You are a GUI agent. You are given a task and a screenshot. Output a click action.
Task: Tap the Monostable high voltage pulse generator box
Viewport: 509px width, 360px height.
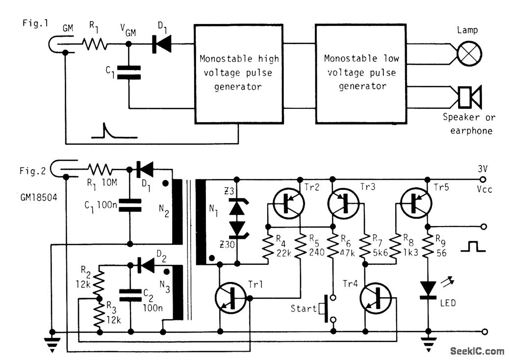[239, 73]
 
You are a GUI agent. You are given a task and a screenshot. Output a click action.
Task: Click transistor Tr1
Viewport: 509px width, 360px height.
[231, 298]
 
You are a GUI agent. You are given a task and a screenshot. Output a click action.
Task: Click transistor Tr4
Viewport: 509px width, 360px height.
[375, 298]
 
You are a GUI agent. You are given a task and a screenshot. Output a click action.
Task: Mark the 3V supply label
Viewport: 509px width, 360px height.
[483, 169]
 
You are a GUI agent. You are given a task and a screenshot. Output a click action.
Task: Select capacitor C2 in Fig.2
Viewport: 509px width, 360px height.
[130, 294]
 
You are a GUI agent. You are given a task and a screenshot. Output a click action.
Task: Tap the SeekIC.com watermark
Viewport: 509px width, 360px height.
[477, 351]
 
